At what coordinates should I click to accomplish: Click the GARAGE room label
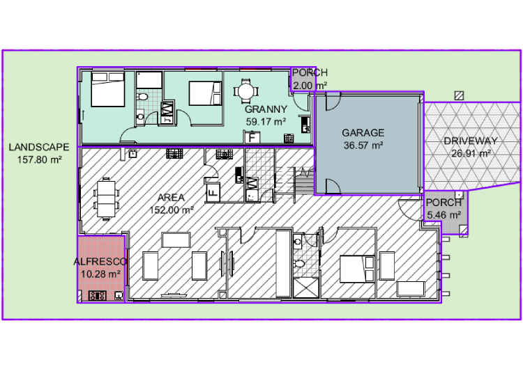pyautogui.click(x=363, y=133)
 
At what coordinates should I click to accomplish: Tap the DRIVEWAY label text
pyautogui.click(x=471, y=141)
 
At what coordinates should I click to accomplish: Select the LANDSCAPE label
pyautogui.click(x=39, y=147)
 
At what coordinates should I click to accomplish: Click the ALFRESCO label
pyautogui.click(x=100, y=262)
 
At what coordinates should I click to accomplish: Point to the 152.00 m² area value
pyautogui.click(x=172, y=210)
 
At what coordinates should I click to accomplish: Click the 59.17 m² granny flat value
pyautogui.click(x=266, y=122)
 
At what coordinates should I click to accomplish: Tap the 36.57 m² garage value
pyautogui.click(x=363, y=146)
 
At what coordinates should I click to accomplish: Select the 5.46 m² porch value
pyautogui.click(x=444, y=215)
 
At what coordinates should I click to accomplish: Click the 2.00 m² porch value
pyautogui.click(x=310, y=86)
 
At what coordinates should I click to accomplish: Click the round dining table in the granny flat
pyautogui.click(x=245, y=91)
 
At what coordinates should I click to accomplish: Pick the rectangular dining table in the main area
pyautogui.click(x=106, y=199)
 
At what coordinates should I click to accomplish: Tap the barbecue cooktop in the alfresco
pyautogui.click(x=98, y=295)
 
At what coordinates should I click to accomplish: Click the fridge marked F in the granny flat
pyautogui.click(x=252, y=137)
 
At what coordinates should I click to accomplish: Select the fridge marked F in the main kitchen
pyautogui.click(x=213, y=192)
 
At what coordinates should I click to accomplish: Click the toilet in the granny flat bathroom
pyautogui.click(x=142, y=97)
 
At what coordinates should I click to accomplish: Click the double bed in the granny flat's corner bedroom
pyautogui.click(x=108, y=89)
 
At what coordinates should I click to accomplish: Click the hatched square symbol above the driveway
pyautogui.click(x=460, y=96)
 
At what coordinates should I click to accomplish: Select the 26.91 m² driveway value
pyautogui.click(x=471, y=154)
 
